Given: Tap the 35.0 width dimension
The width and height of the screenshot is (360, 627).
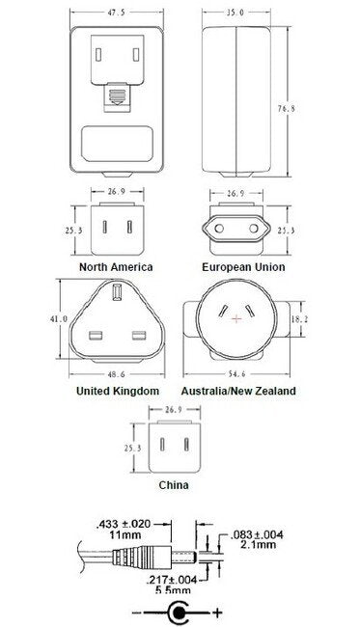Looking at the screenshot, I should (x=235, y=14).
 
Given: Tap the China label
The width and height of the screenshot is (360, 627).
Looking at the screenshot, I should (x=174, y=486).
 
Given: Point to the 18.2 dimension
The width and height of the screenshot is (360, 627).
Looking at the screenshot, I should (x=300, y=317).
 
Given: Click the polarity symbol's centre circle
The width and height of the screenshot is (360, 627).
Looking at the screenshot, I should (x=179, y=613).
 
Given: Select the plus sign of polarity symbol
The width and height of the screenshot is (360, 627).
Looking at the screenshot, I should (x=218, y=613).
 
